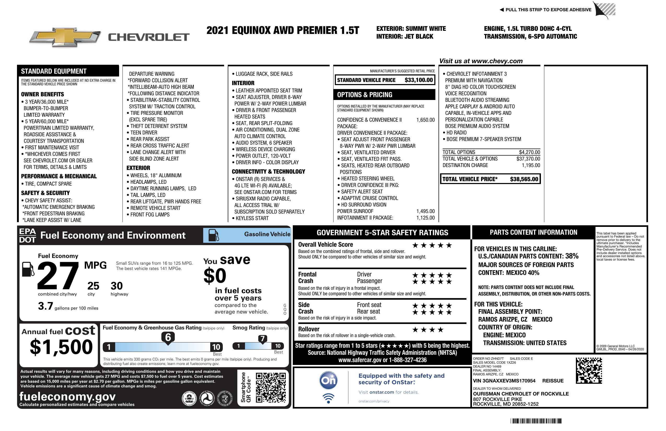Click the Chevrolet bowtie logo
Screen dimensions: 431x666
[65, 37]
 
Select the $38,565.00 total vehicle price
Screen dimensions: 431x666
[524, 179]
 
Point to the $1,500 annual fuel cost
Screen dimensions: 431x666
[61, 347]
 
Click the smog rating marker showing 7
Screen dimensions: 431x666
[262, 339]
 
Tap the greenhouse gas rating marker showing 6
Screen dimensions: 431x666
[168, 337]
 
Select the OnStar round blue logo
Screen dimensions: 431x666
[328, 380]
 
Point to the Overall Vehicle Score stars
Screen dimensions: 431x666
[432, 246]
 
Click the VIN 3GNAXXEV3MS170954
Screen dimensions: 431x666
[504, 381]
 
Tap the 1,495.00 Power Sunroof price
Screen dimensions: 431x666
[425, 211]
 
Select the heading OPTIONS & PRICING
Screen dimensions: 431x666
[364, 95]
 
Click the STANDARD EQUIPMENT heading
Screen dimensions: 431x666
[54, 71]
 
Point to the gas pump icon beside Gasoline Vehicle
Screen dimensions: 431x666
[214, 235]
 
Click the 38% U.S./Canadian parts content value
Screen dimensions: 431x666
[572, 256]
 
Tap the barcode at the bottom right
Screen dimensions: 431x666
[536, 421]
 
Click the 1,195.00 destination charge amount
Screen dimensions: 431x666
[530, 165]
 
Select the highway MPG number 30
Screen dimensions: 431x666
[116, 286]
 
